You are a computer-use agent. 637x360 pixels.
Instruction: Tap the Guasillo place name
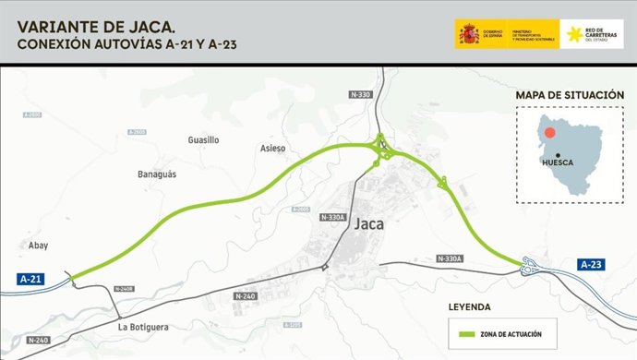(x=203, y=140)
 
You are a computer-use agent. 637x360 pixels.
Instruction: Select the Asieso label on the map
(x=273, y=149)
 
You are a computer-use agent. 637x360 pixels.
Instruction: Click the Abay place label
(x=38, y=246)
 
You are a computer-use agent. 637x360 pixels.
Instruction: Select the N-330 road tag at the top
(x=362, y=95)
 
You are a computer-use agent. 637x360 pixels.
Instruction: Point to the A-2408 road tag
(x=124, y=289)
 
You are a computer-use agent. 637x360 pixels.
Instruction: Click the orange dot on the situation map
(x=549, y=133)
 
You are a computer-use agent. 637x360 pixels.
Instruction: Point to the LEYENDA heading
(x=470, y=306)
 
